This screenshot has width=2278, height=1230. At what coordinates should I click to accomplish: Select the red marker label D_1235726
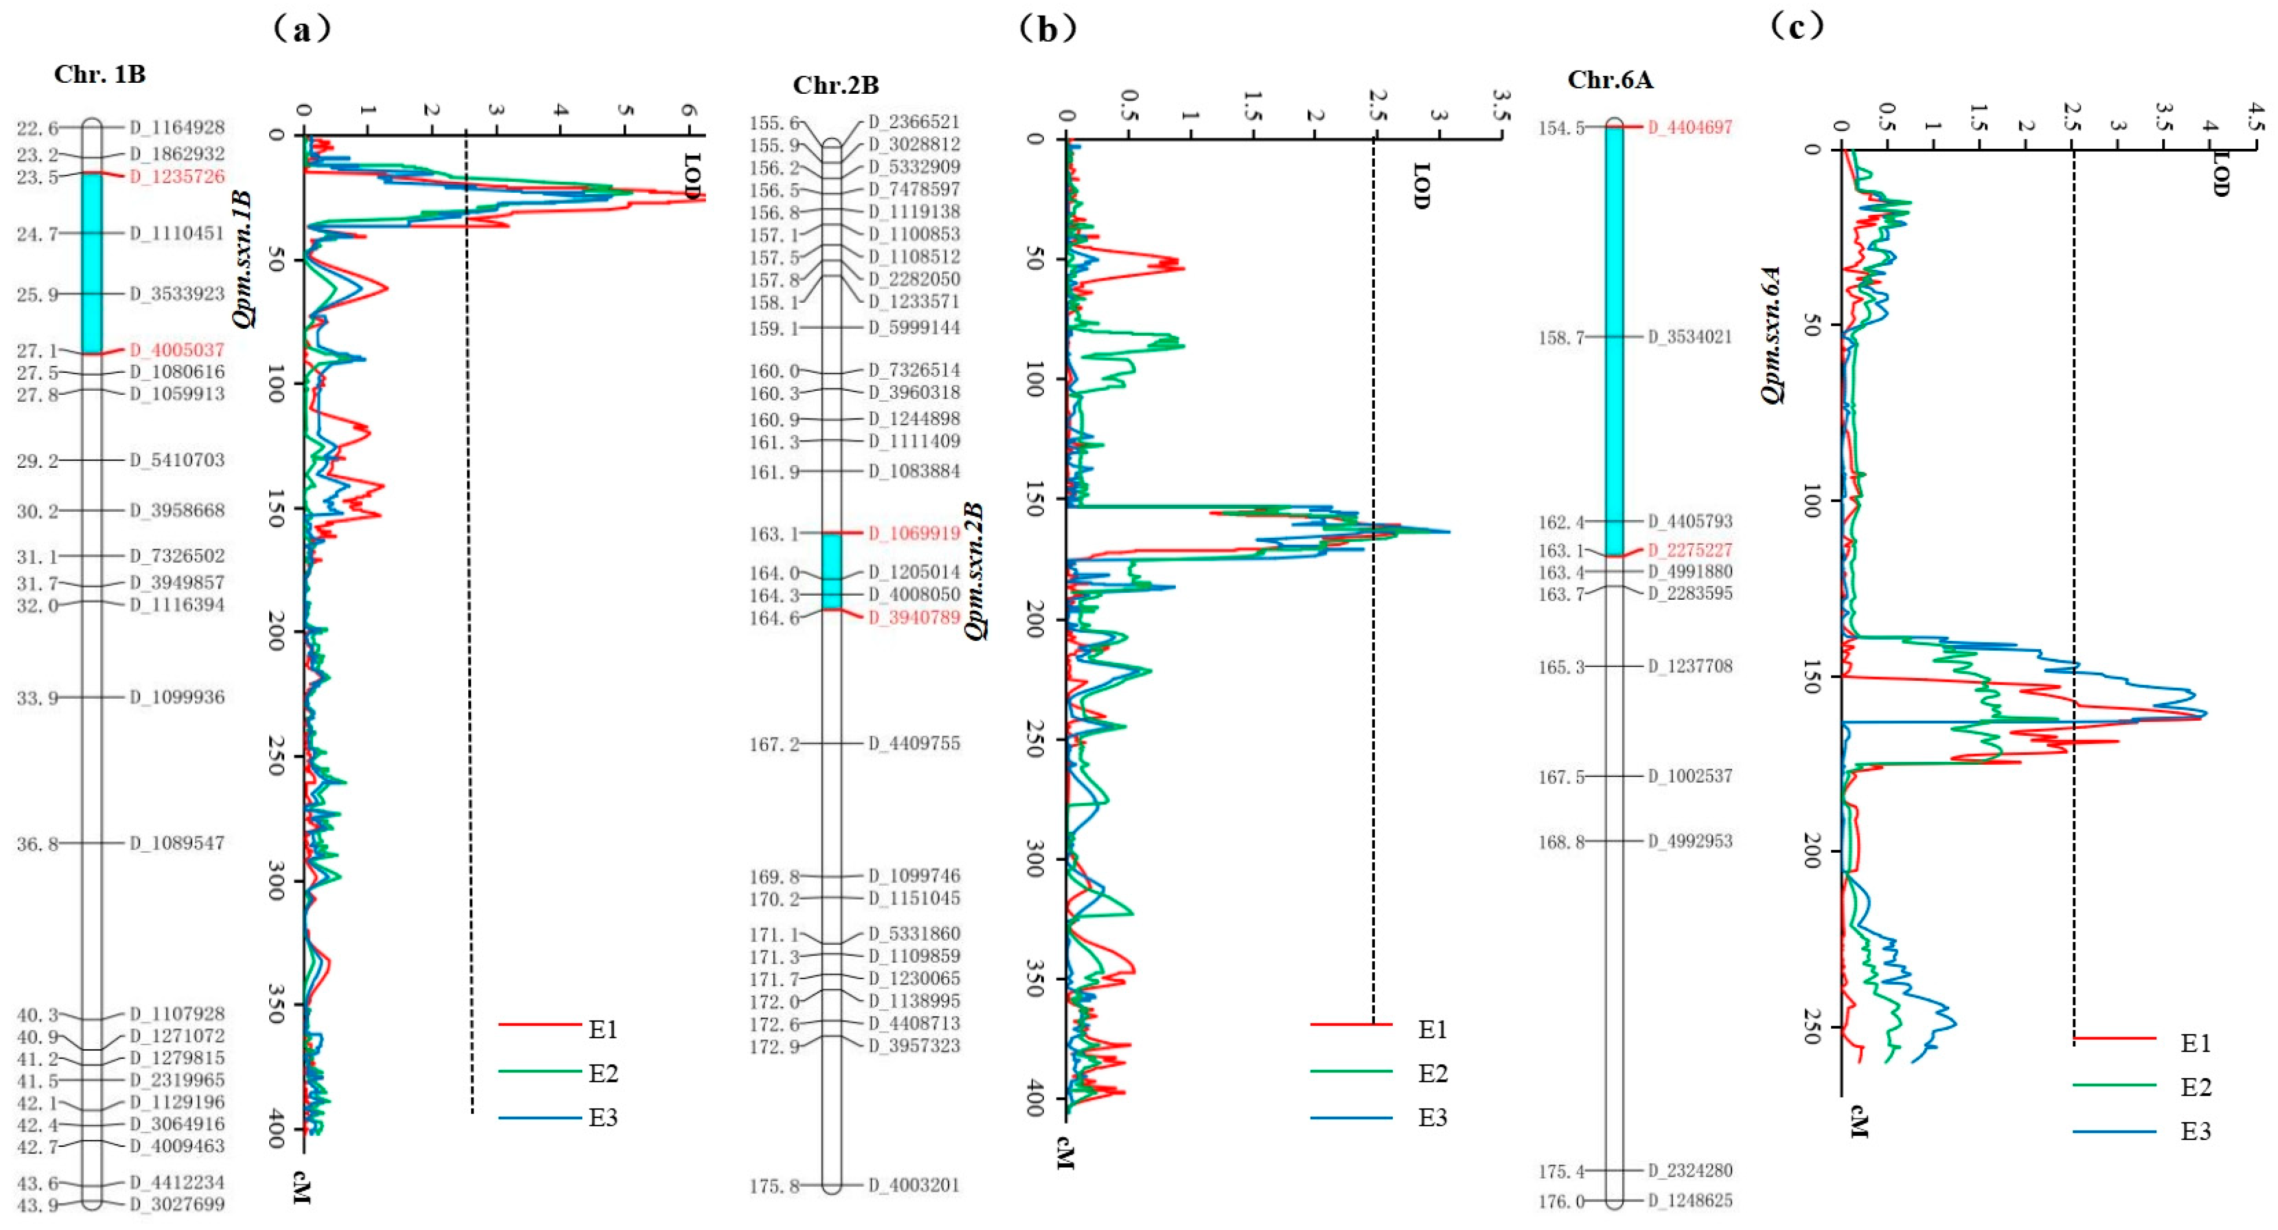coord(177,176)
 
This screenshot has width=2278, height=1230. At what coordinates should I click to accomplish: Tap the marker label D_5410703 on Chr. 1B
coord(177,460)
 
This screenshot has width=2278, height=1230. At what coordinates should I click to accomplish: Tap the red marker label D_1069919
coord(914,533)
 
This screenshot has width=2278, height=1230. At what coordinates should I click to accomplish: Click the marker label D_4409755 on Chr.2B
coord(914,744)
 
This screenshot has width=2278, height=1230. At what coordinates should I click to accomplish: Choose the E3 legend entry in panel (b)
coord(1433,1118)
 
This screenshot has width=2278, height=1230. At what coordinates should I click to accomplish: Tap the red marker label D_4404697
coord(1689,127)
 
